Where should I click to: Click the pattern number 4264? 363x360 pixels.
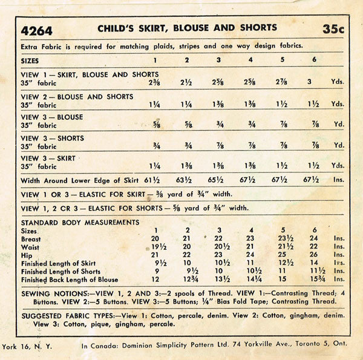click(x=36, y=30)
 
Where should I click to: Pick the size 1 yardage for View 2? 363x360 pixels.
click(x=155, y=104)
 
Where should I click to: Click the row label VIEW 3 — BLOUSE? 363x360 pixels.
click(x=51, y=117)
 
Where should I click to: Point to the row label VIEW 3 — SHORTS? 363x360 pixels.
click(x=53, y=138)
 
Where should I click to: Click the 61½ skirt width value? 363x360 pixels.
click(x=154, y=180)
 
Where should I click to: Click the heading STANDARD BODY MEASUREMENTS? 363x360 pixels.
click(x=80, y=222)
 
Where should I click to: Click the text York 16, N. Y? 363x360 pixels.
click(x=27, y=343)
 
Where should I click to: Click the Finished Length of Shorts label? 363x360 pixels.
click(x=60, y=271)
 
